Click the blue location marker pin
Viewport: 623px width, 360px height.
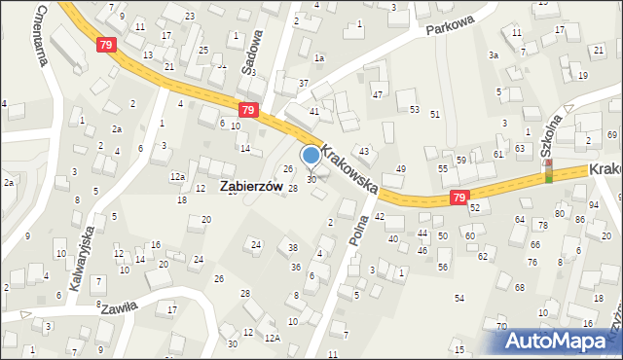coord(311,157)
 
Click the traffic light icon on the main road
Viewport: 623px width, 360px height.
coord(548,172)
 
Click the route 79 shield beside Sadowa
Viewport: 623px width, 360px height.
coord(248,111)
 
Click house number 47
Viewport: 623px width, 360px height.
coord(377,94)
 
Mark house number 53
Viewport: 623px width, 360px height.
coord(414,109)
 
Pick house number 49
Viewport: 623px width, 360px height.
coord(400,169)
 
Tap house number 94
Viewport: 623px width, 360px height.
coord(594,205)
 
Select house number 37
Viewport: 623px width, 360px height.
coord(304,83)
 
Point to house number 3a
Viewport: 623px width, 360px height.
coord(494,55)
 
